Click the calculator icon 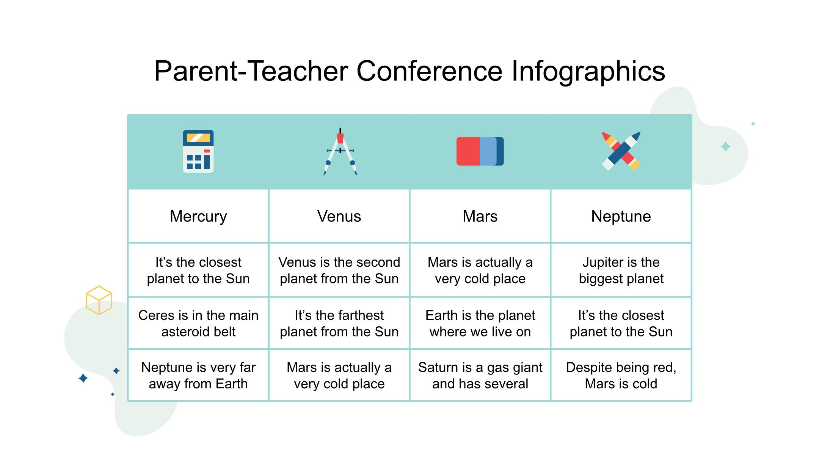coord(198,151)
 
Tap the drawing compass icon coord(340,151)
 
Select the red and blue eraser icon coord(480,151)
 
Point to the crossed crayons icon coord(621,151)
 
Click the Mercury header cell coord(198,216)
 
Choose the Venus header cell coord(339,216)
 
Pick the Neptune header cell coord(621,216)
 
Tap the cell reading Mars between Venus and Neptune coord(480,216)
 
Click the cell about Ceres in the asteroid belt coord(198,323)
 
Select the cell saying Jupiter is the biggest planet coord(621,270)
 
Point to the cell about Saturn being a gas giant coord(480,375)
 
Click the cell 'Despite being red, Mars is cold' coord(621,375)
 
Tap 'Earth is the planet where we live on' coord(480,323)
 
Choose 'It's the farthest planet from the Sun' coord(339,323)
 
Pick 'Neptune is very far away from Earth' coord(198,375)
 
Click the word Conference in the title coord(429,71)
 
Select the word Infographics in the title coord(588,72)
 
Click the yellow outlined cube coord(99,300)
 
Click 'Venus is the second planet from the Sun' coord(339,270)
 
